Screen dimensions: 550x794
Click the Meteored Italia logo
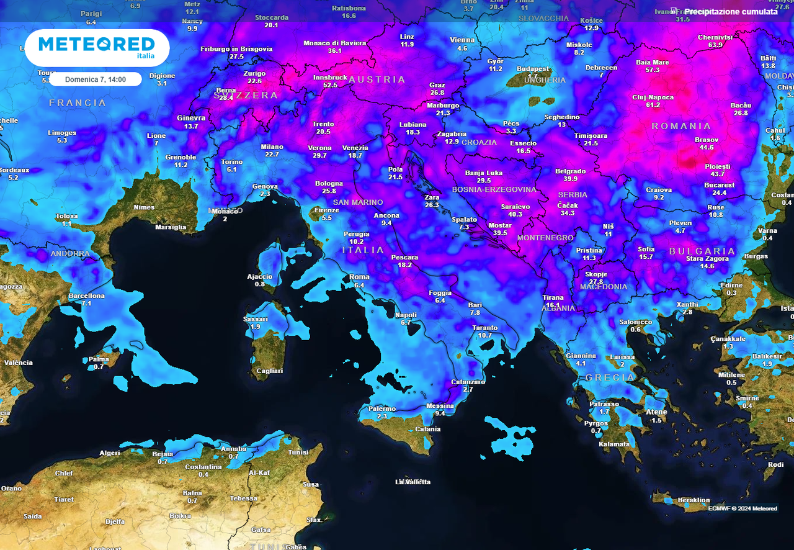[x=97, y=47]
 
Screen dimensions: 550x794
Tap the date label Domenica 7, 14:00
[x=96, y=79]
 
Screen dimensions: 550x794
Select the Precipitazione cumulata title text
[x=730, y=11]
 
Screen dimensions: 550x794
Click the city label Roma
[x=359, y=277]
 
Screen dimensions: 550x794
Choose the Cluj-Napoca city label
[x=653, y=97]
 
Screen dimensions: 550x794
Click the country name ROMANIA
[x=681, y=126]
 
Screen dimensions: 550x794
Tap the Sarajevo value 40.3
[x=515, y=214]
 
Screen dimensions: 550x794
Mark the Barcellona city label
[x=86, y=295]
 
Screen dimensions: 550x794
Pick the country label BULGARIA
[x=702, y=251]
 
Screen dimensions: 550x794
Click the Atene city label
[x=656, y=412]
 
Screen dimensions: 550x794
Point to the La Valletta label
[x=413, y=482]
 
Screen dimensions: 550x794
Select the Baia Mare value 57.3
[x=652, y=70]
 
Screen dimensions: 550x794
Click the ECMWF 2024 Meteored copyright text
[x=743, y=508]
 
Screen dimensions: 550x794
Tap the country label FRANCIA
[x=78, y=102]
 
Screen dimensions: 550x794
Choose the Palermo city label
[x=381, y=408]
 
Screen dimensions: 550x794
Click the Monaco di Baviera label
[x=334, y=43]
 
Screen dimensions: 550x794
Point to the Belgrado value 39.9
[x=570, y=179]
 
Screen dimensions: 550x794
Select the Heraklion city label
[x=694, y=500]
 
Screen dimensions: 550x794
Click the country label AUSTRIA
[x=377, y=79]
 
